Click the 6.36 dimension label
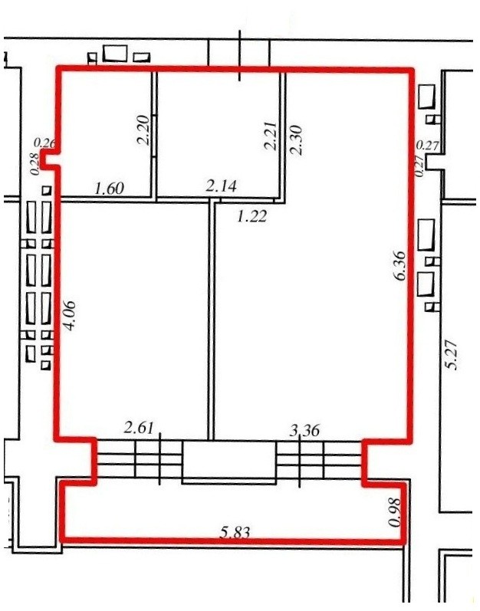point(399,267)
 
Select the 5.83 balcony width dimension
point(234,532)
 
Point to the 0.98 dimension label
point(394,512)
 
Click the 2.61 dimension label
point(139,429)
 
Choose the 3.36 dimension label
point(305,430)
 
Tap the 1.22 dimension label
point(252,215)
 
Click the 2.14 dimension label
point(221,186)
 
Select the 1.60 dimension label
point(110,189)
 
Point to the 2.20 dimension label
point(143,130)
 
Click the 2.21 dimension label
point(270,136)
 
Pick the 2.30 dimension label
point(296,140)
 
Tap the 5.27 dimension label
point(452,354)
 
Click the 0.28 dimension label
point(35,163)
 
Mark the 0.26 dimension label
point(45,143)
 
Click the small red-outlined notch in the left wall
point(50,159)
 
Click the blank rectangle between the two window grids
point(229,460)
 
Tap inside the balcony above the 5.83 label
point(234,507)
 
